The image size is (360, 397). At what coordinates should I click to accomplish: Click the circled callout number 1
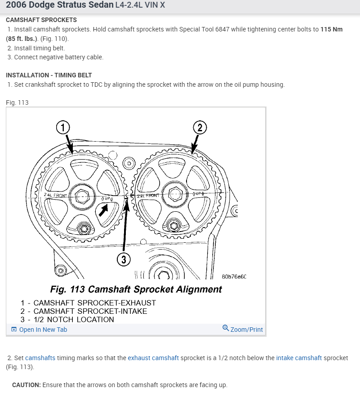63,127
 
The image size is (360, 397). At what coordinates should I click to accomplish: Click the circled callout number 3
124,259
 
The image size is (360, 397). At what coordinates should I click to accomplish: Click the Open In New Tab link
39,330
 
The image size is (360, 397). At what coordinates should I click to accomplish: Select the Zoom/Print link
243,330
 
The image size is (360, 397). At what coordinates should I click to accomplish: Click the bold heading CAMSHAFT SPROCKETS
41,20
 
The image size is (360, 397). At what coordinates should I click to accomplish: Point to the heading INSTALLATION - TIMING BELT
49,75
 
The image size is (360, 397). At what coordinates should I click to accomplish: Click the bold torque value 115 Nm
331,29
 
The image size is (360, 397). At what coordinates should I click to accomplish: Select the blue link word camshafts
40,358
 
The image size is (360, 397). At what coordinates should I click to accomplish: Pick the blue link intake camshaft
299,358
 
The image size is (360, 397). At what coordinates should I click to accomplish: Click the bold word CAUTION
27,385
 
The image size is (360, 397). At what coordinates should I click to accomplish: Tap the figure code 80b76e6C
234,277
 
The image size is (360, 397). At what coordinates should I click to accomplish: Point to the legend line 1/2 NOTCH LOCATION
67,320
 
